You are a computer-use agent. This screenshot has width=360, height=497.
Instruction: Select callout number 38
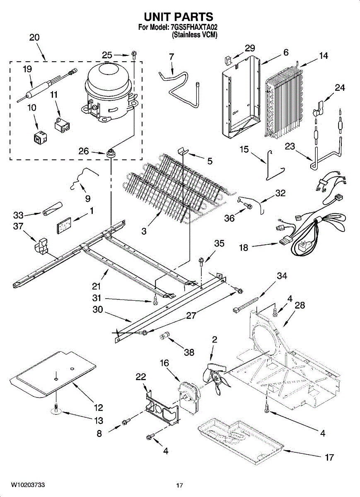point(189,353)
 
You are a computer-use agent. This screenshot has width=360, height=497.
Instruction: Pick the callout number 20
point(34,37)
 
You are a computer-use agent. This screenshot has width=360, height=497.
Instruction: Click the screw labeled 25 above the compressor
point(133,54)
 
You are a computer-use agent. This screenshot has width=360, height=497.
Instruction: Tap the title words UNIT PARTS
point(179,17)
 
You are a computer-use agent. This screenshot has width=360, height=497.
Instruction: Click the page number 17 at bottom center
point(179,485)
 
